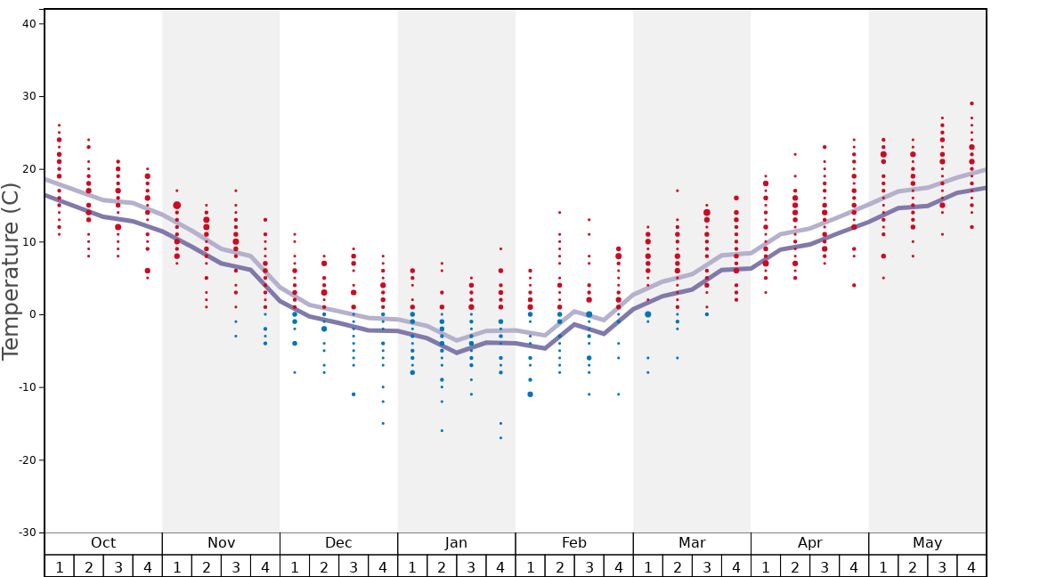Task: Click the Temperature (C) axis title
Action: pos(11,271)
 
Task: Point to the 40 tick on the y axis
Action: pos(28,24)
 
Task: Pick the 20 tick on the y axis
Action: pos(28,169)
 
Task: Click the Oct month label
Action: pos(103,543)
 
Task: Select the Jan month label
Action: pos(456,543)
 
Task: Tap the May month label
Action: pos(927,543)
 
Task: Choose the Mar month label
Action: pos(692,543)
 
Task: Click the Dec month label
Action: pos(338,543)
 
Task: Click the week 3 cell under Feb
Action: pos(589,566)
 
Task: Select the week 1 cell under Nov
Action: pos(176,566)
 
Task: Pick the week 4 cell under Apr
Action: pos(854,566)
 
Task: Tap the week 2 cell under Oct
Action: pos(88,566)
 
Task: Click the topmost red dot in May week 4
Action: pos(971,103)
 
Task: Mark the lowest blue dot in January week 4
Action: pos(500,438)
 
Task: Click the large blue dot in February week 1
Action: pos(530,394)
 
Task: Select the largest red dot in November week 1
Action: pos(176,206)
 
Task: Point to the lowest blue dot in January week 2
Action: pos(442,431)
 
